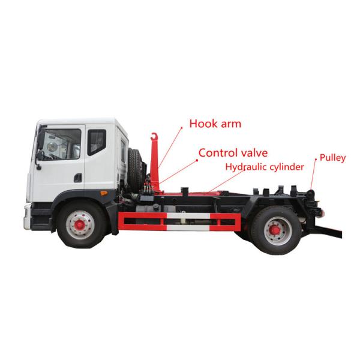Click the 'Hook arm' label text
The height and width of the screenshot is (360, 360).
coord(215,124)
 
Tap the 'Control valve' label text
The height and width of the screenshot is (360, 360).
coord(233,153)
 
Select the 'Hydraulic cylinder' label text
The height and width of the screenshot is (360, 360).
coord(265,167)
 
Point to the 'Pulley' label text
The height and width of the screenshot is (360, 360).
coord(332,158)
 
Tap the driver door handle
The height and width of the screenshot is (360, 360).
coord(77,178)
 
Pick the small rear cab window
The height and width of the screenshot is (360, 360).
coord(96,142)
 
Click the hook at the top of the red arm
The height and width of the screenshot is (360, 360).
coord(155,137)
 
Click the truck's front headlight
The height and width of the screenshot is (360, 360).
coord(27,214)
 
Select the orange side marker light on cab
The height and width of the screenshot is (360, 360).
coord(104,193)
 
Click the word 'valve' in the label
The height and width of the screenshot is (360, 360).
coord(253,153)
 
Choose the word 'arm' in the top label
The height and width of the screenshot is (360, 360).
coord(230,124)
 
